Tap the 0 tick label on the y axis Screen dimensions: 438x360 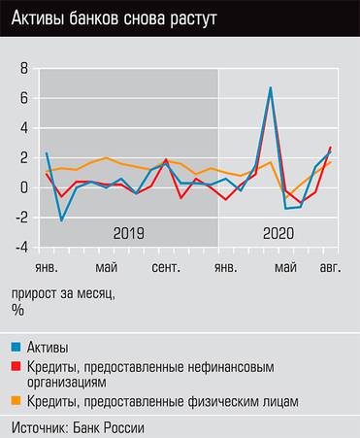(26, 187)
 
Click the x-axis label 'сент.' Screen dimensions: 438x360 (166, 266)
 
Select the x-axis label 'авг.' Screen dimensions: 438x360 (332, 266)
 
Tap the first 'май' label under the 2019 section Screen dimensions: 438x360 (106, 266)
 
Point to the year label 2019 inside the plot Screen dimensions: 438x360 (128, 233)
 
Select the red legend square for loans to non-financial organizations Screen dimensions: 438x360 (17, 366)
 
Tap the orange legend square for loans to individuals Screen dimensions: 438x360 (17, 401)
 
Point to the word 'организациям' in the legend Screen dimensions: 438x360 (72, 382)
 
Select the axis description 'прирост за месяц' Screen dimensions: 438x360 (62, 292)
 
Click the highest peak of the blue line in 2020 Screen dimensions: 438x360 (271, 87)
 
